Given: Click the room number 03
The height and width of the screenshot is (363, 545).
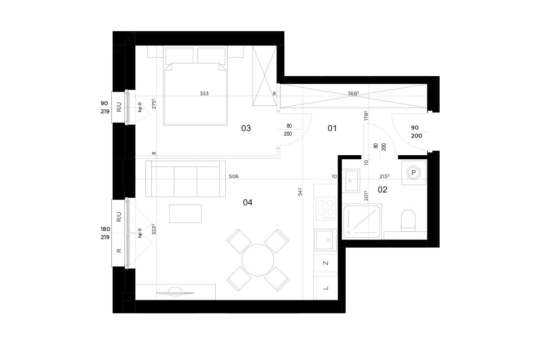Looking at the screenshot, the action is pyautogui.click(x=246, y=128).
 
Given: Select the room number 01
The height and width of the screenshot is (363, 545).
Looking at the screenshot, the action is pyautogui.click(x=332, y=128).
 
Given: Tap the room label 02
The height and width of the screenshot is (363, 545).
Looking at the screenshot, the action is pyautogui.click(x=382, y=189).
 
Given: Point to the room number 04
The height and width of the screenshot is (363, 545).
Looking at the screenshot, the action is pyautogui.click(x=248, y=202).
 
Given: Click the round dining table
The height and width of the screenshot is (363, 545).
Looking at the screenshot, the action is pyautogui.click(x=258, y=260).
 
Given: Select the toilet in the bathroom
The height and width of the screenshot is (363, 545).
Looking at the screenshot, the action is pyautogui.click(x=408, y=220).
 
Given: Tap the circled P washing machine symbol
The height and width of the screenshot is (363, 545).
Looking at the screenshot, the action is pyautogui.click(x=413, y=172).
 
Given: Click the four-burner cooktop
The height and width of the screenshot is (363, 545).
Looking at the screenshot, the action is pyautogui.click(x=326, y=209).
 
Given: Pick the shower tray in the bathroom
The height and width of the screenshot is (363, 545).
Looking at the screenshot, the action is pyautogui.click(x=362, y=221).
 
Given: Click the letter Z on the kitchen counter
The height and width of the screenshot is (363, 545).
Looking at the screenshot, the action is pyautogui.click(x=326, y=263).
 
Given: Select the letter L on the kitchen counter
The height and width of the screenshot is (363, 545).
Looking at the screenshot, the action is pyautogui.click(x=326, y=288).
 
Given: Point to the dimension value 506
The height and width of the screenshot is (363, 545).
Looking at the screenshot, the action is pyautogui.click(x=233, y=176).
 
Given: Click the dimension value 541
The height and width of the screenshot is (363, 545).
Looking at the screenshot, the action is pyautogui.click(x=300, y=192).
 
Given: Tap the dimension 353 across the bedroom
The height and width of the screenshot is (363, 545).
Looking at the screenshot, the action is pyautogui.click(x=204, y=93).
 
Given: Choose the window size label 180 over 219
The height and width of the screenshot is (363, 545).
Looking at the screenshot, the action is pyautogui.click(x=105, y=233).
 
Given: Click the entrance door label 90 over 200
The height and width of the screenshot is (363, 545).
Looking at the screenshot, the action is pyautogui.click(x=416, y=132).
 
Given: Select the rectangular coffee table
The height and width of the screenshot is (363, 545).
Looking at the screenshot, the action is pyautogui.click(x=185, y=214).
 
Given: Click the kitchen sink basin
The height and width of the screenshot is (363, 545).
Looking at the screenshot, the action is pyautogui.click(x=326, y=240).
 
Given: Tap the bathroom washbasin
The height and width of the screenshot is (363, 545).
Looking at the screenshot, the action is pyautogui.click(x=352, y=181).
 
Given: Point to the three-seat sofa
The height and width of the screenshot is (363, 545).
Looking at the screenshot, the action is pyautogui.click(x=185, y=179).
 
